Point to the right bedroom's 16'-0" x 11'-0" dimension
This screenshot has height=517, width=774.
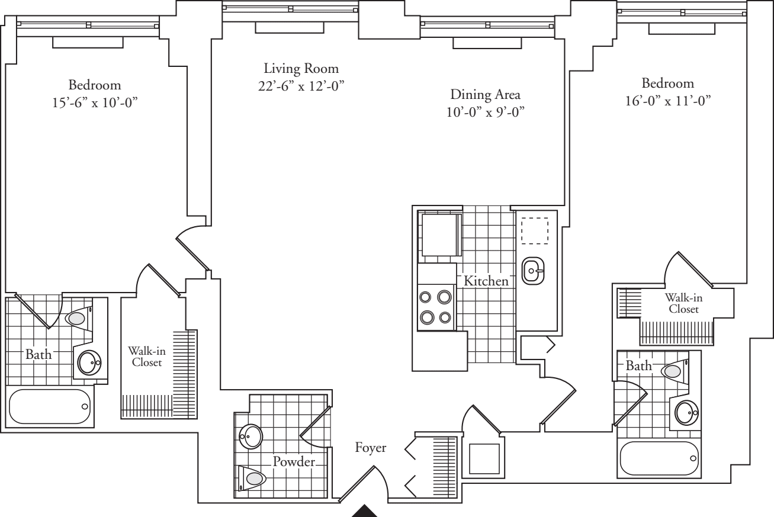(x=667, y=101)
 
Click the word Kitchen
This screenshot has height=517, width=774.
(x=486, y=281)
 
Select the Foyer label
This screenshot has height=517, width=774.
(x=371, y=448)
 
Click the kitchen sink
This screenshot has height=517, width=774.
(x=533, y=272)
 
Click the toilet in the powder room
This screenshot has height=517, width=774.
(x=253, y=477)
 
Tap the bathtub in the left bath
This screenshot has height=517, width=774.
(x=50, y=407)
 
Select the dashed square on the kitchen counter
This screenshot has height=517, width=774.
(x=534, y=230)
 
